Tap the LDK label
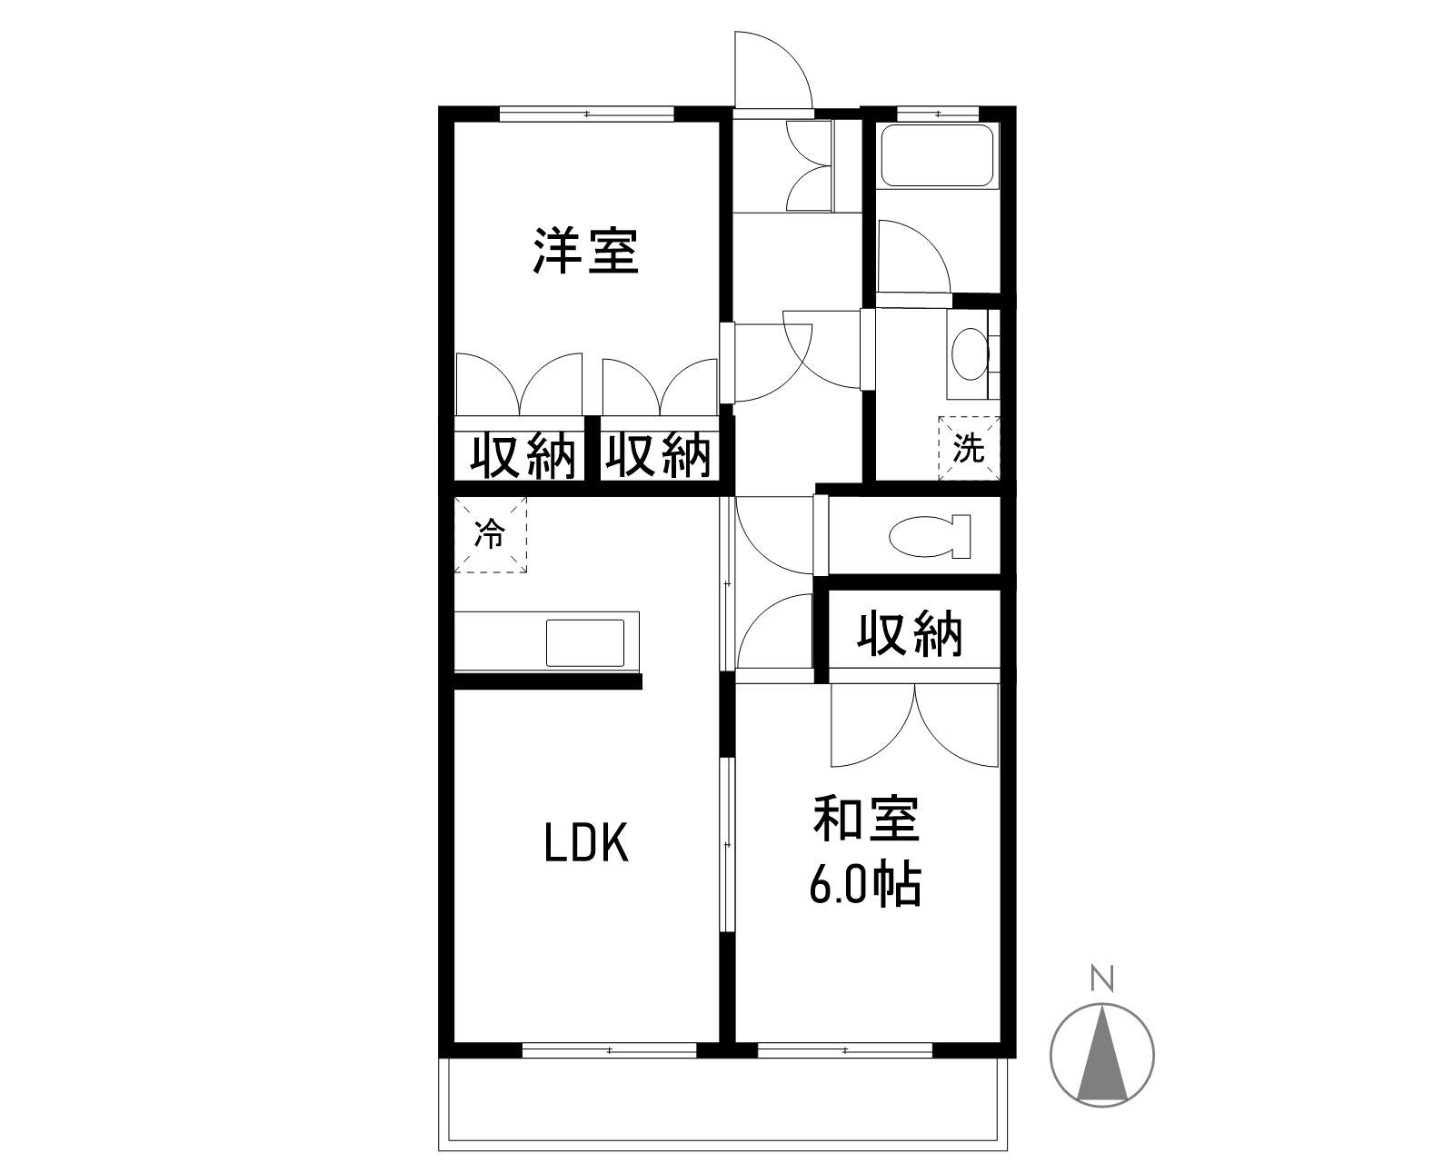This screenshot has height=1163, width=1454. point(586,843)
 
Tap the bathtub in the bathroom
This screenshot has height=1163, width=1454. point(937,156)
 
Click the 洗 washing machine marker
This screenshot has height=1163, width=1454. point(969,448)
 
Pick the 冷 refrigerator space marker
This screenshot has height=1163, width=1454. point(490,535)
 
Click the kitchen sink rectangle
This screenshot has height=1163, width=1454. point(585,642)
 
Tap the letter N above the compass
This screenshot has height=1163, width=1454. point(1102,979)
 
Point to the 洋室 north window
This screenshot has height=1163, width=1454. point(587,114)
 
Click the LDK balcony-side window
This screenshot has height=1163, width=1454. point(609,1050)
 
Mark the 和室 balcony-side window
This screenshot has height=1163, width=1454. point(845,1050)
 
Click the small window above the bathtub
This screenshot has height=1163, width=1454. point(937,114)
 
